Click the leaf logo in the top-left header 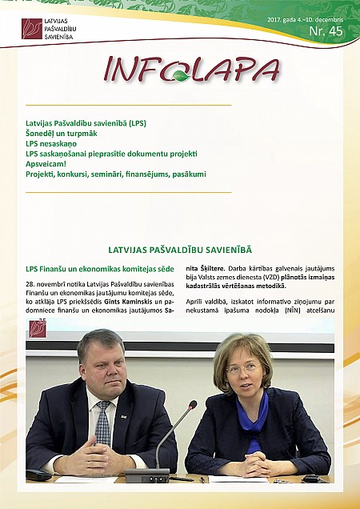point(32,29)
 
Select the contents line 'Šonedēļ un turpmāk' point(63,134)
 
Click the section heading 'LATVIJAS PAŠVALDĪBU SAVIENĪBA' point(179,250)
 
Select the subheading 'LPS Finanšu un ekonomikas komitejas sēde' point(100,269)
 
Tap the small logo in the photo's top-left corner point(37,327)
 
